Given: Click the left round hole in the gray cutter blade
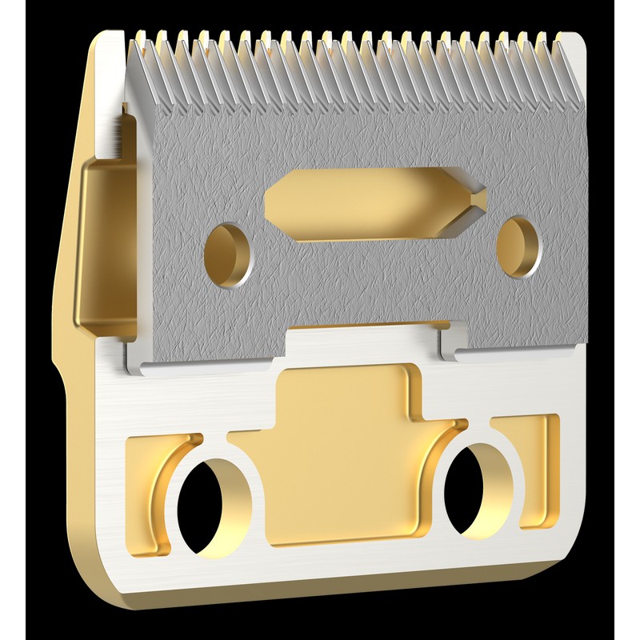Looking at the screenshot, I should (227, 254).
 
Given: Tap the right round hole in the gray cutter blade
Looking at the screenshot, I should (518, 246).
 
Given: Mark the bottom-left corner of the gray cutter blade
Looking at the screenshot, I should (140, 365).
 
